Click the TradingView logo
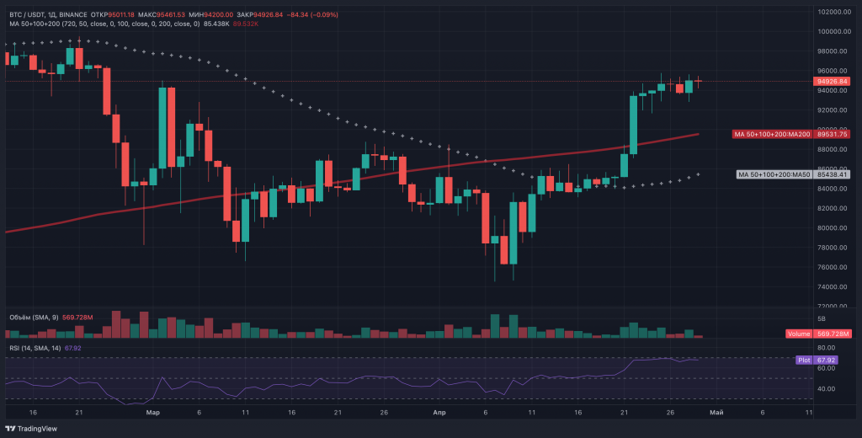pos(33,428)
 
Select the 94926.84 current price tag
pos(832,82)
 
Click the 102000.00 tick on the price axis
pos(832,12)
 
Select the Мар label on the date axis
pos(152,413)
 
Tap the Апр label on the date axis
pos(439,413)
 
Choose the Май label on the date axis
pos(716,413)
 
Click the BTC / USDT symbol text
pos(26,13)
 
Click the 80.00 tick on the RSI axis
pos(825,348)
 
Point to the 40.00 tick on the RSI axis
pos(825,388)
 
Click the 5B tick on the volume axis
pos(821,320)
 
